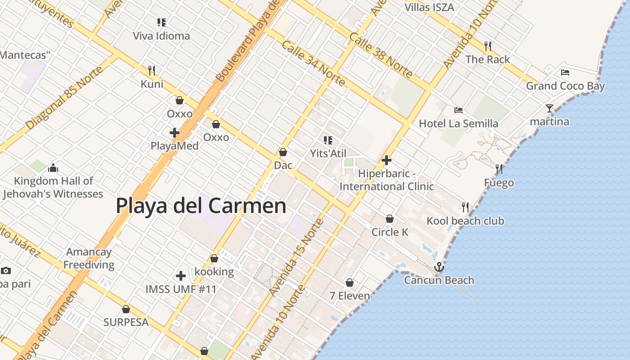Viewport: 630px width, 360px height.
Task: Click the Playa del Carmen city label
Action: click(201, 206)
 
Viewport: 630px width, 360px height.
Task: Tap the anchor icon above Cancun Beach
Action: click(439, 267)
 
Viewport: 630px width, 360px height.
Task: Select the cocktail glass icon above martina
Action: click(549, 108)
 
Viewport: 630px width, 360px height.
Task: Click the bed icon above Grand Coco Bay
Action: click(565, 72)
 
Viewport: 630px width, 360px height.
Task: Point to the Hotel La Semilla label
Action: click(459, 123)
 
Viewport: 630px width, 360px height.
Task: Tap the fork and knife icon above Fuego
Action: click(499, 169)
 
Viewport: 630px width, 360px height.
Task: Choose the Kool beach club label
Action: click(465, 221)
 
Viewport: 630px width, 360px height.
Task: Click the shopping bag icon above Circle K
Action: click(390, 219)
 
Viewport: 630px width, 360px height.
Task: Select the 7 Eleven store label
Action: click(350, 296)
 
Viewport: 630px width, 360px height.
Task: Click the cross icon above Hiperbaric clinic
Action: click(386, 160)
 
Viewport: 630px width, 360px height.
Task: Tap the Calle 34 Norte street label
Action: click(313, 63)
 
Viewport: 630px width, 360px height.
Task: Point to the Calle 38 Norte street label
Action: click(380, 55)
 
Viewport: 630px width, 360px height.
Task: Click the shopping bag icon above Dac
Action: click(283, 152)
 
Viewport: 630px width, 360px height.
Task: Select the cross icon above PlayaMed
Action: click(175, 133)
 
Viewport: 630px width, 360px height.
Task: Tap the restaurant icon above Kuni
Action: click(152, 71)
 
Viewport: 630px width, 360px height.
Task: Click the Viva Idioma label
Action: click(162, 36)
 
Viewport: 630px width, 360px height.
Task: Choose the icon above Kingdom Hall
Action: click(53, 168)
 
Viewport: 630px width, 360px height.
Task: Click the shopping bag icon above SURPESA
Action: click(126, 309)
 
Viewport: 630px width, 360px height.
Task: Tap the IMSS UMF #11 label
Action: click(181, 289)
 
